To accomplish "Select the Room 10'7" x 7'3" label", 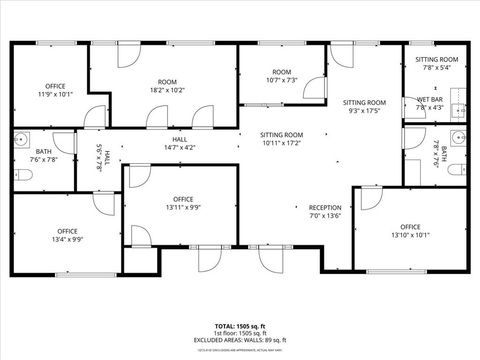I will tap(282, 76).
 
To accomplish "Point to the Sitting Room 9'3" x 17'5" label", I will tap(364, 106).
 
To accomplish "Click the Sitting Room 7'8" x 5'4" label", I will tap(436, 64).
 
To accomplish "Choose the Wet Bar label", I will tap(430, 104).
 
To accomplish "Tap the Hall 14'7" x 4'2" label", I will tap(180, 143).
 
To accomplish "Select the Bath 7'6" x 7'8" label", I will tap(44, 154).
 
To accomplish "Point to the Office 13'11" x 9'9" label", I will tap(182, 203).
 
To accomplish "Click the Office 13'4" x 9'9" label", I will tap(67, 236).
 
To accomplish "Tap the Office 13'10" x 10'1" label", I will tap(410, 232).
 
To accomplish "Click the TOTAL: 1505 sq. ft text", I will tap(240, 326).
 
